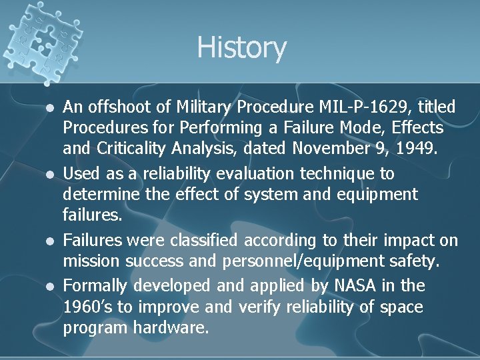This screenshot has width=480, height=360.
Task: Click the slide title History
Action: point(241,48)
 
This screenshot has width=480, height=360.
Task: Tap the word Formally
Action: point(95,285)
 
